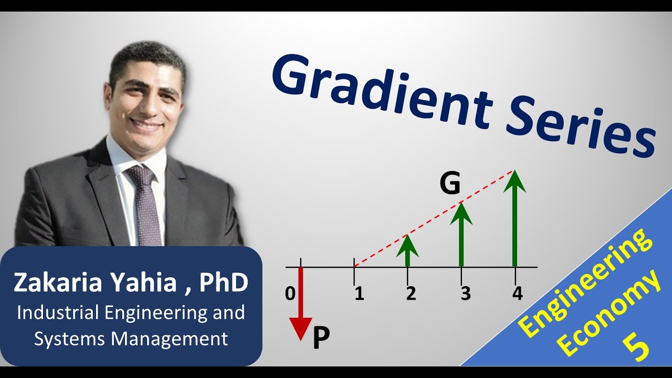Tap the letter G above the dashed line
click(x=450, y=184)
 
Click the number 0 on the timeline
click(x=290, y=294)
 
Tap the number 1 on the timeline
click(x=359, y=294)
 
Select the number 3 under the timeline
click(x=465, y=294)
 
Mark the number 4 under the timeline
click(x=518, y=294)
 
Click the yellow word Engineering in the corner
click(x=585, y=283)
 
